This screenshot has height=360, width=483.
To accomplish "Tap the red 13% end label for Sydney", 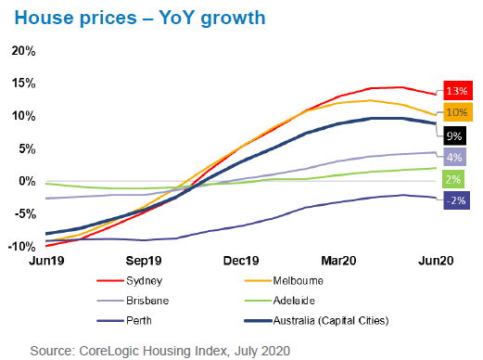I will point(456,91).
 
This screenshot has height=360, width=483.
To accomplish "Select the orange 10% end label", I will point(456,112).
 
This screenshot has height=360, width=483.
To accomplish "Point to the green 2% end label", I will point(456,178).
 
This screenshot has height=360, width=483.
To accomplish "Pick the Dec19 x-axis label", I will point(248,263).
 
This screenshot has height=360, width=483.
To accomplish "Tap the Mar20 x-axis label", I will point(342,263).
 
